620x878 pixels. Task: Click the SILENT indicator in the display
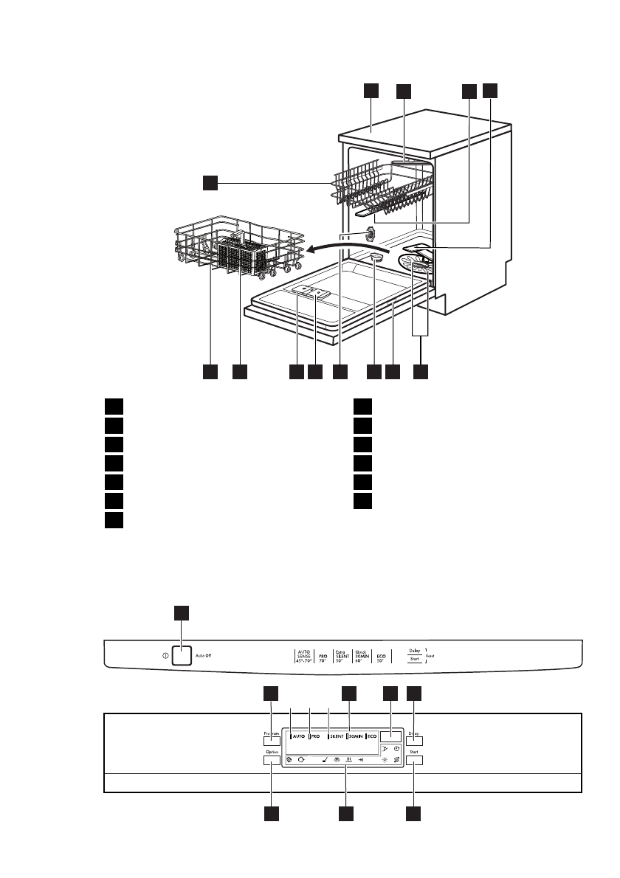pyautogui.click(x=337, y=736)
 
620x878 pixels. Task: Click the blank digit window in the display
pyautogui.click(x=391, y=736)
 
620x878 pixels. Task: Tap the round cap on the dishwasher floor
pyautogui.click(x=376, y=256)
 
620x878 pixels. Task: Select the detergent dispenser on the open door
pyautogui.click(x=312, y=292)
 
